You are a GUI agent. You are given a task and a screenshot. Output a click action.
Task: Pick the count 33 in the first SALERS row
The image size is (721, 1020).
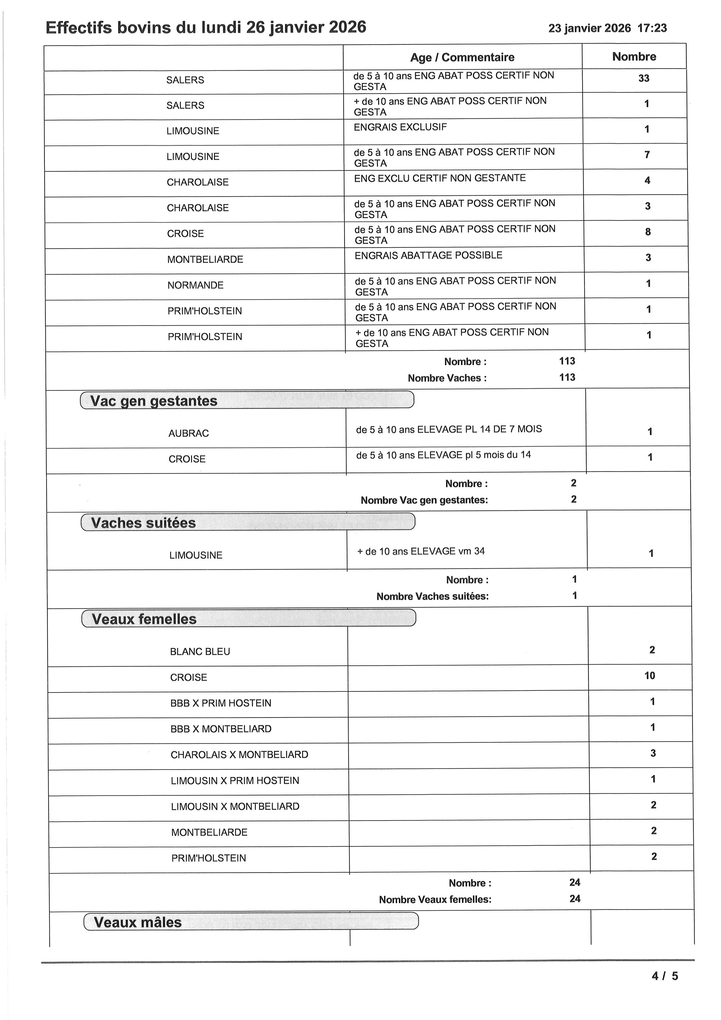(643, 79)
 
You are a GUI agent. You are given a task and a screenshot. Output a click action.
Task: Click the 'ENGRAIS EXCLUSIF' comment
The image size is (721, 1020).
(400, 127)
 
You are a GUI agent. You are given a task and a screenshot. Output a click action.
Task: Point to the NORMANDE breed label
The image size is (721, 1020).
(195, 285)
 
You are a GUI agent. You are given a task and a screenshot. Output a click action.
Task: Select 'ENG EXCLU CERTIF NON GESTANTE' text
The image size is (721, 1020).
(440, 178)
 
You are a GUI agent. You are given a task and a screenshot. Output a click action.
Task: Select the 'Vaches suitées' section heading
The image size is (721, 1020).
(143, 523)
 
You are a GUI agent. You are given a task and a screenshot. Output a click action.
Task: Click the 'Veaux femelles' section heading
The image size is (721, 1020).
(144, 619)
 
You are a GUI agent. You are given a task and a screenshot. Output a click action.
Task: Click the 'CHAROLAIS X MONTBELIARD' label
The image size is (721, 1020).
(239, 755)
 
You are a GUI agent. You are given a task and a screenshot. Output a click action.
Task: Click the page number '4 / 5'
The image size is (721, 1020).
(665, 976)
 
